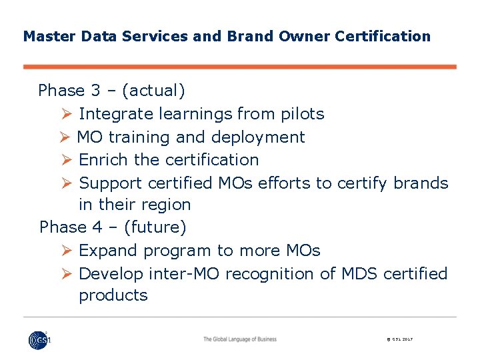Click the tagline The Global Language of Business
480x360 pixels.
point(240,339)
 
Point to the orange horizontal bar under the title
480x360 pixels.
point(240,67)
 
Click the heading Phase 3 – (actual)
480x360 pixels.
point(112,91)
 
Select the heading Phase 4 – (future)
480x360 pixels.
point(113,227)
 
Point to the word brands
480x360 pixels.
point(421,183)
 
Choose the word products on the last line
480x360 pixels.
point(113,295)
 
